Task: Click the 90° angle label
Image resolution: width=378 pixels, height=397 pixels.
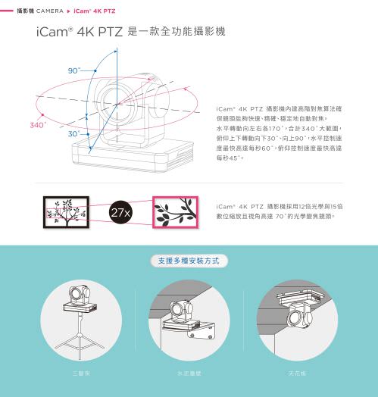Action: pos(73,70)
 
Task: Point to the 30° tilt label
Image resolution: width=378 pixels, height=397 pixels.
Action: pos(73,133)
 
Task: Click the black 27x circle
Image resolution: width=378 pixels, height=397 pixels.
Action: pos(121,211)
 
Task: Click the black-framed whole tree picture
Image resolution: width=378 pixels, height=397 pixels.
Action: pos(67,211)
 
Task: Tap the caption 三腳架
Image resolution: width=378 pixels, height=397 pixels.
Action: pos(80,374)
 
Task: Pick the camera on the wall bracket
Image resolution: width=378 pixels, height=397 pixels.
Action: pos(182,311)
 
